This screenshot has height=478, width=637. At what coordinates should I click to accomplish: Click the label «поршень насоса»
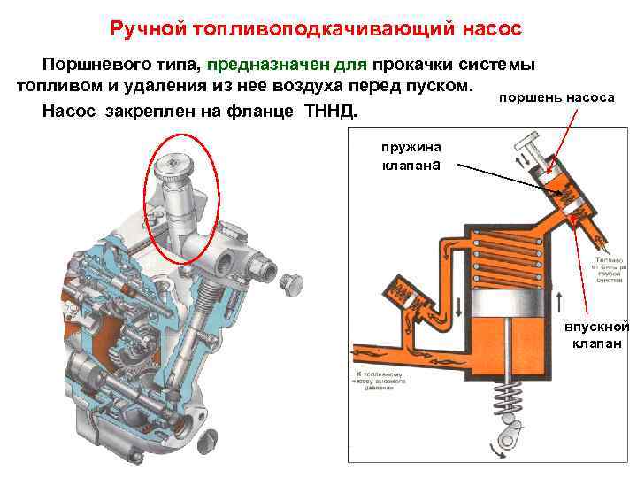point(556,96)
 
